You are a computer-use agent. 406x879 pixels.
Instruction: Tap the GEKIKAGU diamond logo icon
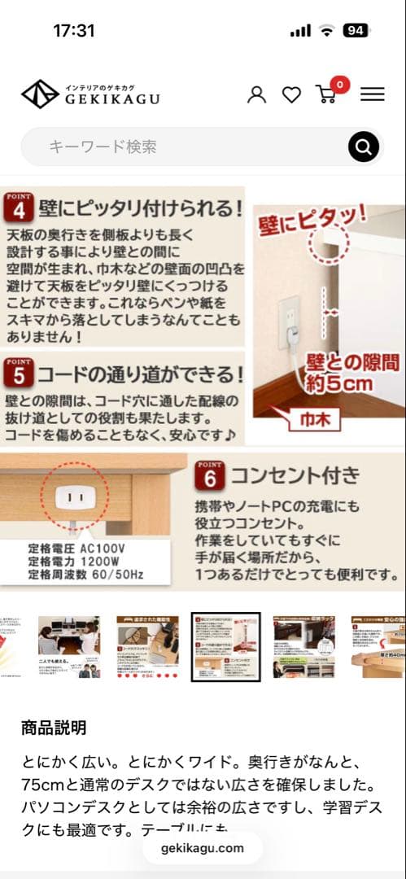40,94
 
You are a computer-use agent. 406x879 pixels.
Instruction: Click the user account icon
256,94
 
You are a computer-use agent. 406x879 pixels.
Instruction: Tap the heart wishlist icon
291,95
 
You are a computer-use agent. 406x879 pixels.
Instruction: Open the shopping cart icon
325,94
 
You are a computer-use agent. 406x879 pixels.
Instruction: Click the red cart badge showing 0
338,84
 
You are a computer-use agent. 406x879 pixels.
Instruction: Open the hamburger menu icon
372,94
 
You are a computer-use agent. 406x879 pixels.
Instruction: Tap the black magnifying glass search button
364,147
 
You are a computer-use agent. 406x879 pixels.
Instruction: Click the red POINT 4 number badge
17,208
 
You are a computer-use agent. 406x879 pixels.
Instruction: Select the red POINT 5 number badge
17,373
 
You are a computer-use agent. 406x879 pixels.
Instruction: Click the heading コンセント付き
295,474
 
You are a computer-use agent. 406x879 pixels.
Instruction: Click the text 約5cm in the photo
339,382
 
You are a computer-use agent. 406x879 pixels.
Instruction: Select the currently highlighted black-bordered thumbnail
225,647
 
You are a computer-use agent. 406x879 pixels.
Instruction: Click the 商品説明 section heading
54,728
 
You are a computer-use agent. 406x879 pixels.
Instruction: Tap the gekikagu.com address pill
203,848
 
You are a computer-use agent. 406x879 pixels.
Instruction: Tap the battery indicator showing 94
356,31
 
